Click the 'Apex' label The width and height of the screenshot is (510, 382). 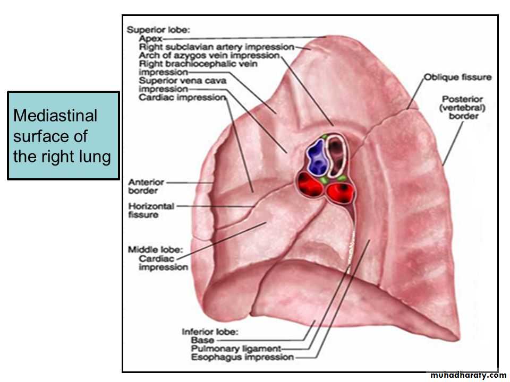(150, 39)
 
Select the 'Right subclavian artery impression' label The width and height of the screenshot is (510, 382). (217, 47)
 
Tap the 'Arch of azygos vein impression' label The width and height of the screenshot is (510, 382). (209, 56)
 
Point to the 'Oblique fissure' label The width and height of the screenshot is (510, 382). (457, 77)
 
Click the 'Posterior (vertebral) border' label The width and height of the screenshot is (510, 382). (462, 108)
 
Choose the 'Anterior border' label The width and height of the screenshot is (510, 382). (146, 186)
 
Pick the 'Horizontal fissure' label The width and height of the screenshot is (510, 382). (151, 210)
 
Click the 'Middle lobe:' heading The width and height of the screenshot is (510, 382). (156, 250)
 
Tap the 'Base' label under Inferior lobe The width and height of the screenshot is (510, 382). (202, 341)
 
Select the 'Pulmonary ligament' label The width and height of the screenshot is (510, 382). (236, 349)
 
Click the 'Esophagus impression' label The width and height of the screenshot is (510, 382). (242, 357)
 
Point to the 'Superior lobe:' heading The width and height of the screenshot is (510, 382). (158, 30)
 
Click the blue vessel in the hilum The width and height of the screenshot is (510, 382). (316, 157)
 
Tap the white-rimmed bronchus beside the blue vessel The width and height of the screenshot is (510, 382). (337, 156)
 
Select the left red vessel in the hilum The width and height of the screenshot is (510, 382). (309, 185)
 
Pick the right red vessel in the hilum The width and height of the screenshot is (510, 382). (341, 193)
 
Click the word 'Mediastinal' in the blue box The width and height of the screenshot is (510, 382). (55, 116)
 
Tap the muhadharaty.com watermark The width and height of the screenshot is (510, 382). (468, 376)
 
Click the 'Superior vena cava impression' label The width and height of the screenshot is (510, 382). (182, 85)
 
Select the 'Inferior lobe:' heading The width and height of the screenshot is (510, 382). (210, 332)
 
